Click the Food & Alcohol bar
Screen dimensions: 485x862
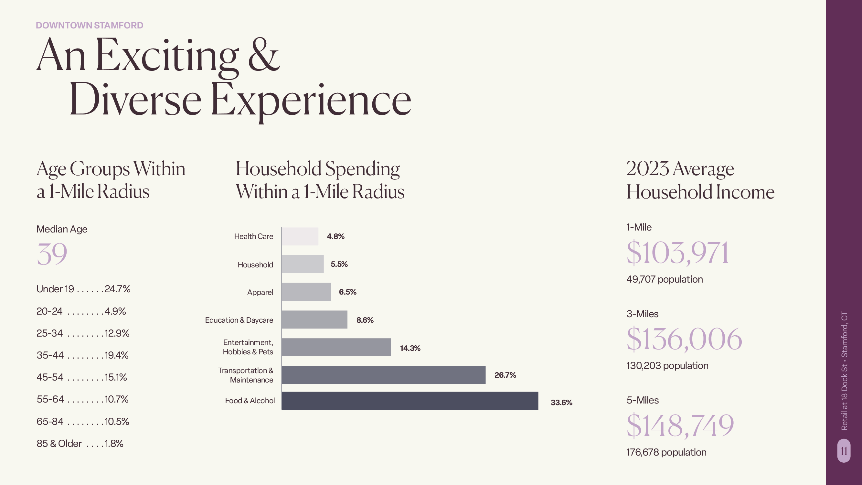410,401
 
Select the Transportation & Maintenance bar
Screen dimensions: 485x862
383,375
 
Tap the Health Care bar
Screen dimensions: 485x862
300,236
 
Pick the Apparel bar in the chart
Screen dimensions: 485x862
306,292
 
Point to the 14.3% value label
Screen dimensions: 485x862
410,348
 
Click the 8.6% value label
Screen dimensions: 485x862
365,320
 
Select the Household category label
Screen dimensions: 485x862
255,265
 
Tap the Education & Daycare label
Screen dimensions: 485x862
239,320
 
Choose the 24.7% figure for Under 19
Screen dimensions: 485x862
117,289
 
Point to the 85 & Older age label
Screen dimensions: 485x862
59,444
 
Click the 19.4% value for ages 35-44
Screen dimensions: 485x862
116,355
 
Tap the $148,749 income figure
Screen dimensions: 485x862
680,426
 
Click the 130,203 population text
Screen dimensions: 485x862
667,365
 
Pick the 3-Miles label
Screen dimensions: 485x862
642,314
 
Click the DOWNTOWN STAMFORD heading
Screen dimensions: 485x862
89,26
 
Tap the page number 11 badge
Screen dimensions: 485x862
844,451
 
